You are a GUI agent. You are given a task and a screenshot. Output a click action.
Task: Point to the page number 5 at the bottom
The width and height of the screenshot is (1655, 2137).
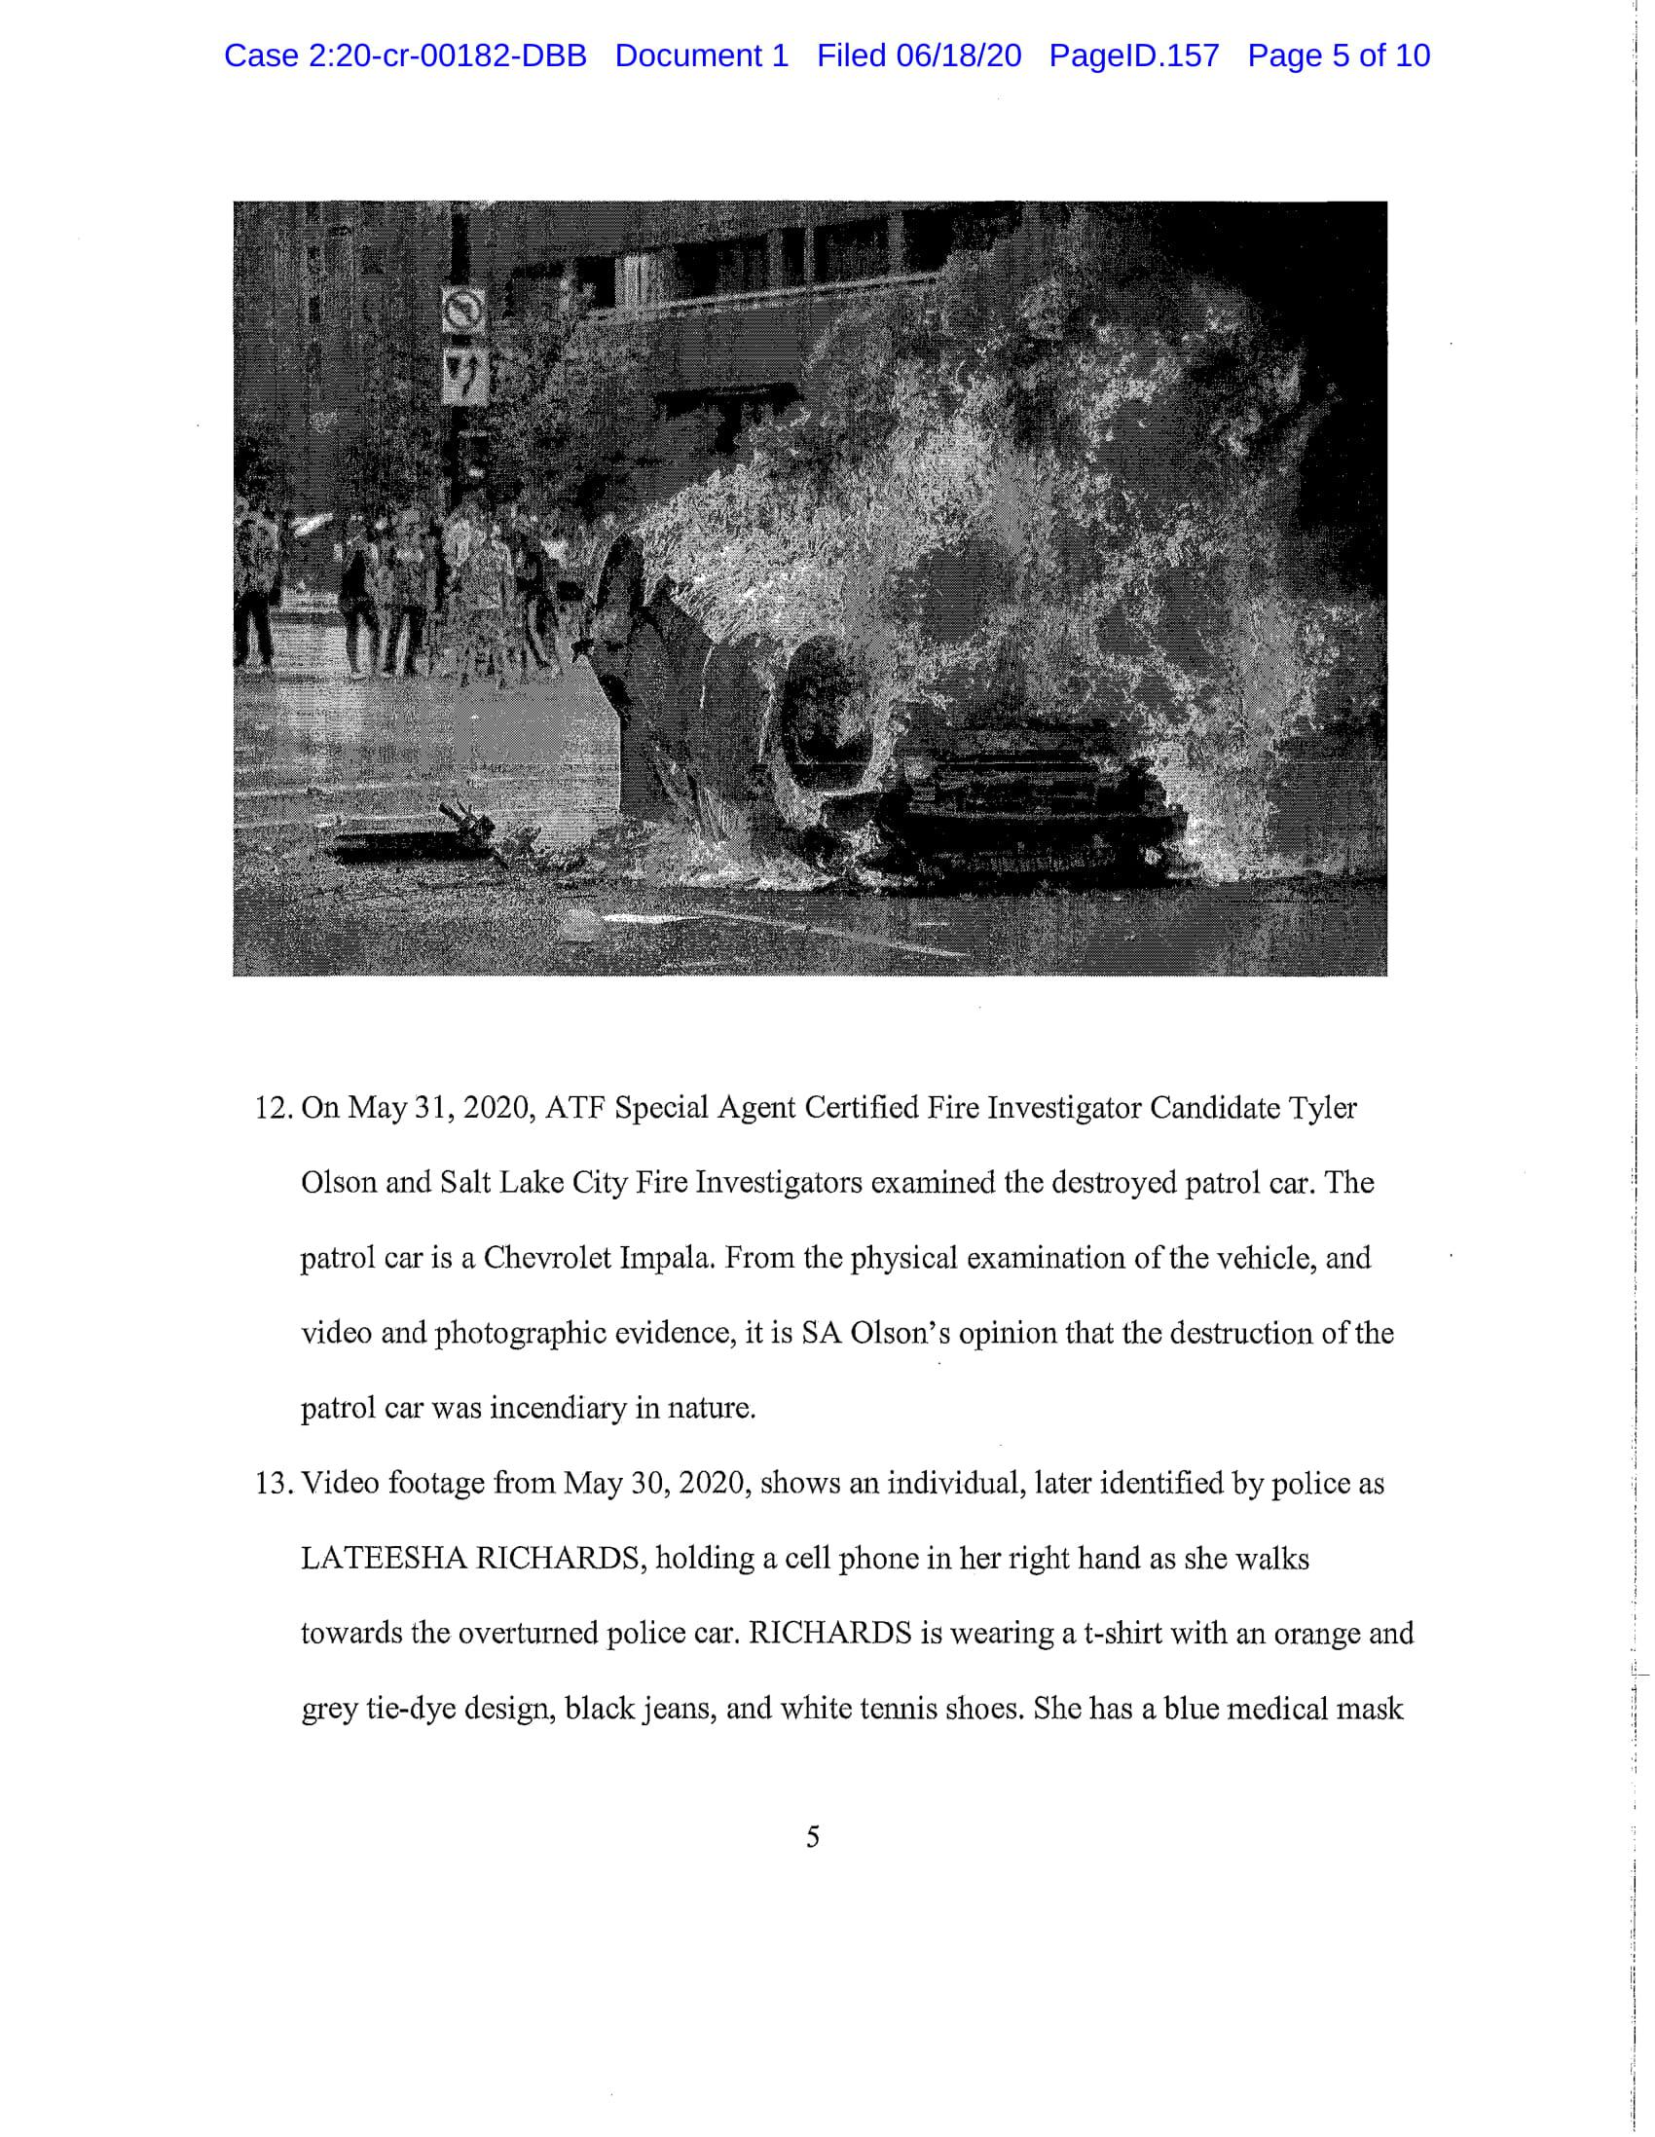(x=812, y=1836)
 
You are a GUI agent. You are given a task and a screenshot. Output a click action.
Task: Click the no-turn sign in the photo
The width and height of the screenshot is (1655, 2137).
(x=463, y=311)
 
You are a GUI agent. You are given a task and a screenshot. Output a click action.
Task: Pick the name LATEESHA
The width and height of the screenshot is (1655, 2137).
(x=383, y=1559)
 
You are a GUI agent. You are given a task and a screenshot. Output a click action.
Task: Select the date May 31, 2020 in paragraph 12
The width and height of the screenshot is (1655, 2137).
(x=439, y=1109)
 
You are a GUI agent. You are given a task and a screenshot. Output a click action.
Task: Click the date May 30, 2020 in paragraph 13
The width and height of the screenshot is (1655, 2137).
(x=657, y=1484)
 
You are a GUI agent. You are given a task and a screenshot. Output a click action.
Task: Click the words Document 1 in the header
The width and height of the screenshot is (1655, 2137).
(x=701, y=55)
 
